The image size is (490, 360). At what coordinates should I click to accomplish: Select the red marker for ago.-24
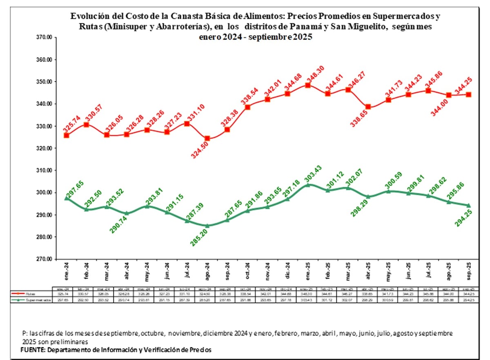[x=207, y=139]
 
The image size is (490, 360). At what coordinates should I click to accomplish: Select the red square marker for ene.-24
[x=67, y=135]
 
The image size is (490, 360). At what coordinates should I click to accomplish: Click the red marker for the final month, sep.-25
[x=468, y=95]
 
